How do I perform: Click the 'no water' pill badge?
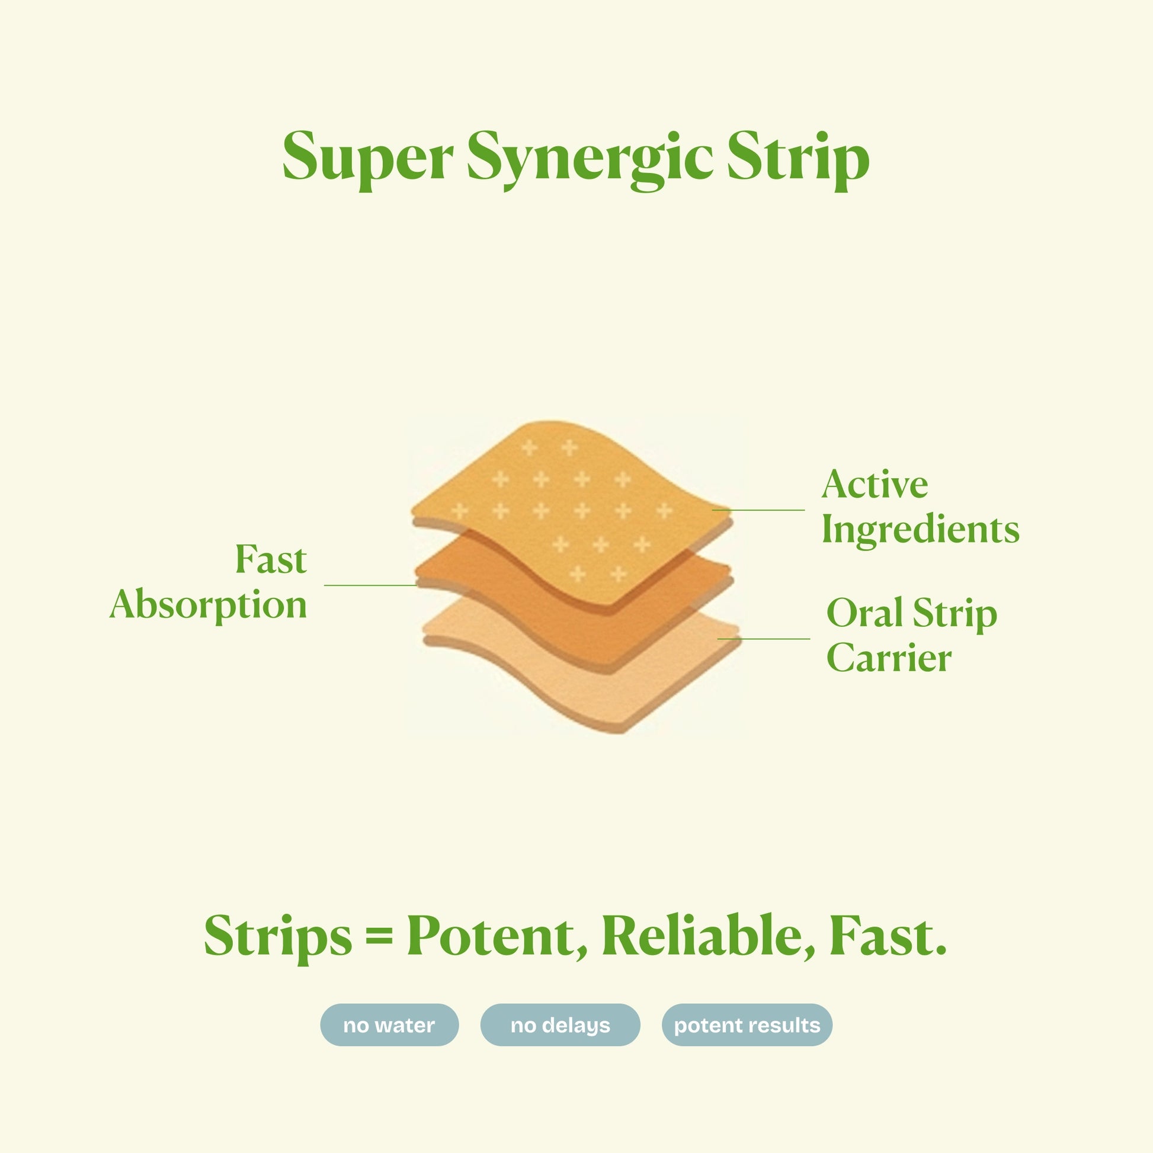[x=389, y=1025]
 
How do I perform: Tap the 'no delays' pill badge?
[x=560, y=1025]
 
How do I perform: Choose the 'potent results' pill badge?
[x=747, y=1025]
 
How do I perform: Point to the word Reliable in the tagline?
[x=708, y=936]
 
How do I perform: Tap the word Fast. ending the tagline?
[x=888, y=935]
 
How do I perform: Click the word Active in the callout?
[x=875, y=485]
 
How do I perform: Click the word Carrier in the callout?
[x=889, y=659]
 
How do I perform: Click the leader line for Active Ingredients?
[x=758, y=510]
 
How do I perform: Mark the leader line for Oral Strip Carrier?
[x=764, y=639]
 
